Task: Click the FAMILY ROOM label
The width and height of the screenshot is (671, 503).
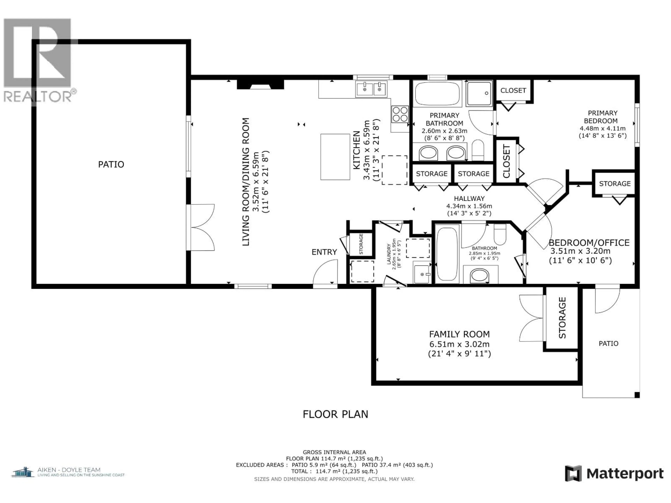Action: tap(459, 334)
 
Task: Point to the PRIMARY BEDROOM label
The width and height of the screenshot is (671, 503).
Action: tap(603, 117)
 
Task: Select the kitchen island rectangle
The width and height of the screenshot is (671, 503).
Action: tap(335, 157)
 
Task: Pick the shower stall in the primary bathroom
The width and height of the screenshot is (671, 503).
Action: tap(479, 93)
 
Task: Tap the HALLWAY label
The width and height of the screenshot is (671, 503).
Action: tap(469, 199)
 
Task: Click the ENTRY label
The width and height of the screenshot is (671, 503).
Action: tap(324, 252)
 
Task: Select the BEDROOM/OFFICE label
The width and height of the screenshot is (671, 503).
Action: tap(589, 243)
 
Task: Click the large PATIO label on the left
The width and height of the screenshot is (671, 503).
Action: tap(111, 164)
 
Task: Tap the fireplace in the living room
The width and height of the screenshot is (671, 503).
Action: tap(260, 84)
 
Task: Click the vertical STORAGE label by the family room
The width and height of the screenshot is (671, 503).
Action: tap(562, 318)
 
